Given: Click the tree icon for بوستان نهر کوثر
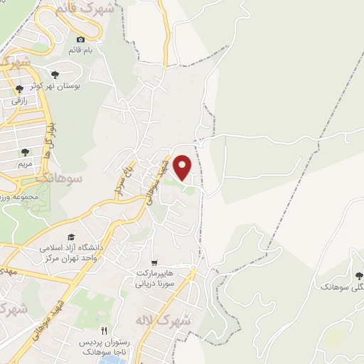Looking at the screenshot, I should (x=55, y=74).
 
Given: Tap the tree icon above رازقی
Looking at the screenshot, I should (x=19, y=89).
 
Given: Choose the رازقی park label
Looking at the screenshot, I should (x=19, y=101).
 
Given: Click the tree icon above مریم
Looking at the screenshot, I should (x=25, y=151).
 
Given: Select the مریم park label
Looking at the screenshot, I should (x=25, y=163).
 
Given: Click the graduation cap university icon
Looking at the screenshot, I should (x=70, y=237).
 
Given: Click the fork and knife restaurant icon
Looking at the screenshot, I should (x=104, y=331).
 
